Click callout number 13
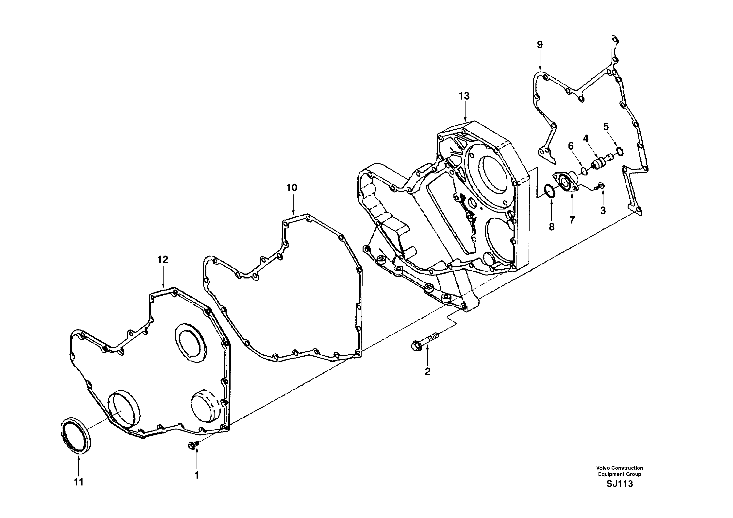[464, 96]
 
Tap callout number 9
[540, 45]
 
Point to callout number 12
[163, 260]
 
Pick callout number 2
[427, 371]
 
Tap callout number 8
[551, 227]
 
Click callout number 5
[606, 126]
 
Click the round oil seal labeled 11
[76, 435]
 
